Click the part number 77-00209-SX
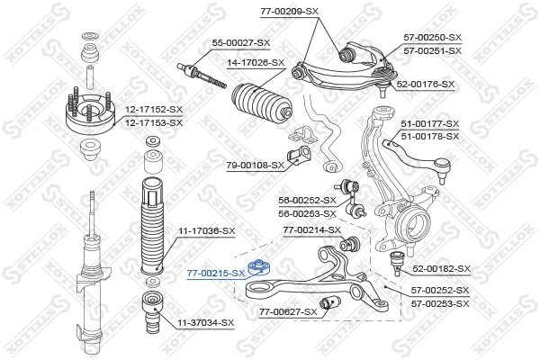tap(290, 11)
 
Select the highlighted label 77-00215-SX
tap(215, 271)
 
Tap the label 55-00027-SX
tap(240, 42)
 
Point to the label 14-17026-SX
tap(256, 62)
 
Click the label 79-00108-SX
tap(254, 165)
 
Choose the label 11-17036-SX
tap(206, 231)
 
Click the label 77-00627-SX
tap(288, 311)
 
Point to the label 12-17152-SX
tap(153, 109)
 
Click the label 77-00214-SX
tap(311, 230)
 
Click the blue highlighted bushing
tap(261, 265)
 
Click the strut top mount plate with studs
tap(90, 112)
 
